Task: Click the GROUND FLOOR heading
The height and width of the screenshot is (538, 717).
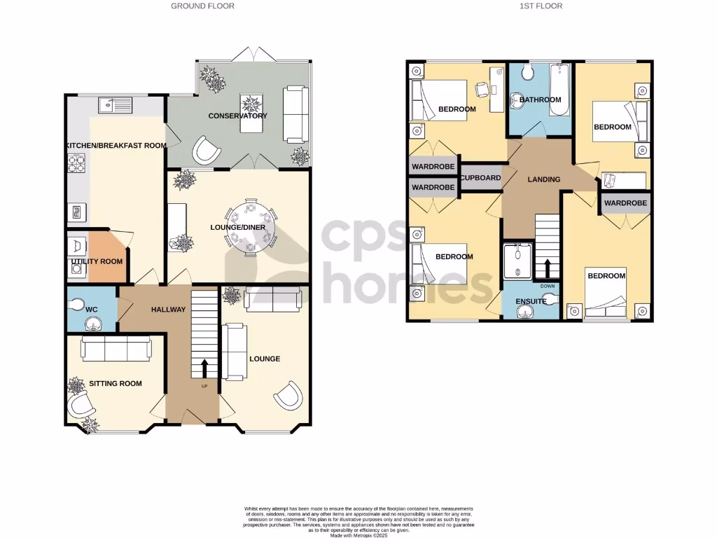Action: click(x=203, y=6)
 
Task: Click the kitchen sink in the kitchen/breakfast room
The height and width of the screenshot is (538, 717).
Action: click(x=116, y=105)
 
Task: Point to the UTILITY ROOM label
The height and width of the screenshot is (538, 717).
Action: click(x=97, y=261)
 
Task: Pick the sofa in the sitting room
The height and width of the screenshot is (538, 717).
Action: click(x=116, y=347)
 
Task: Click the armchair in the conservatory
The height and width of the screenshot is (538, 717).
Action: click(x=207, y=149)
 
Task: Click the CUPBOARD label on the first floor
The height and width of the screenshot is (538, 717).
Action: click(x=480, y=178)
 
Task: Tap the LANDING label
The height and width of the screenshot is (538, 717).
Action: click(x=544, y=179)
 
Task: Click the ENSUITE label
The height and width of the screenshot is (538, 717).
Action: click(x=531, y=301)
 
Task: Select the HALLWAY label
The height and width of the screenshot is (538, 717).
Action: click(x=168, y=310)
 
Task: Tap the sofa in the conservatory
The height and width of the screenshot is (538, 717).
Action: click(x=295, y=113)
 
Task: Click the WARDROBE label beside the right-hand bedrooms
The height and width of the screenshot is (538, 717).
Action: click(x=625, y=203)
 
